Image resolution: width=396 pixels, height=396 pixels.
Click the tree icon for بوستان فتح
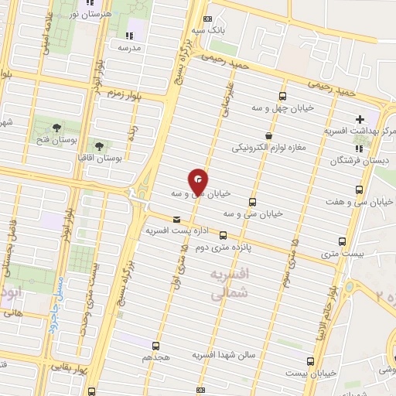point(56,128)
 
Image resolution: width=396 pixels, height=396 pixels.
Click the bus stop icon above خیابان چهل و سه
point(282,97)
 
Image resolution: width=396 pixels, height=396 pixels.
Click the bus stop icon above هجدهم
point(156,346)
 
